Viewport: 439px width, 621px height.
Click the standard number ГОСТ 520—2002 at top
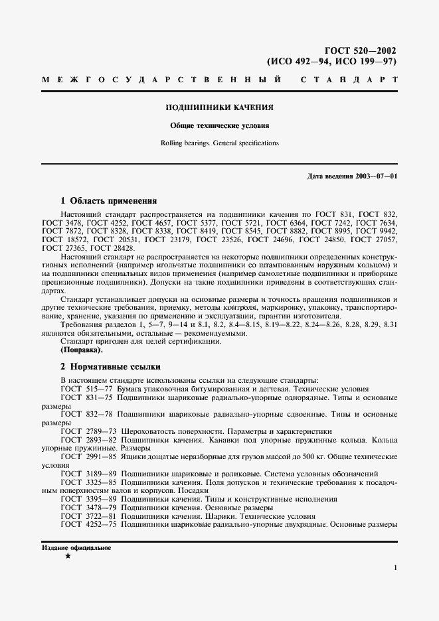pos(361,50)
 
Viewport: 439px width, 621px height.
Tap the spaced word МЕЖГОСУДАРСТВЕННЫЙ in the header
pos(160,80)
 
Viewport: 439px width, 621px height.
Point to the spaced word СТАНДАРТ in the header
pos(349,80)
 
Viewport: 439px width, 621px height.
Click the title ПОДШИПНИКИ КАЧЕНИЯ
pos(219,107)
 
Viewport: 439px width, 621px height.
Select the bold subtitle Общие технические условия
pos(219,125)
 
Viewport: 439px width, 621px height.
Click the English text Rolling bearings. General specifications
pos(219,143)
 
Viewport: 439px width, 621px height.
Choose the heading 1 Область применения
pos(108,200)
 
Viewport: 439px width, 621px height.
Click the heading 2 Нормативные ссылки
pos(110,366)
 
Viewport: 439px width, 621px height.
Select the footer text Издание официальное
pos(76,549)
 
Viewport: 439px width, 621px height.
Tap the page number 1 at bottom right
pos(395,568)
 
